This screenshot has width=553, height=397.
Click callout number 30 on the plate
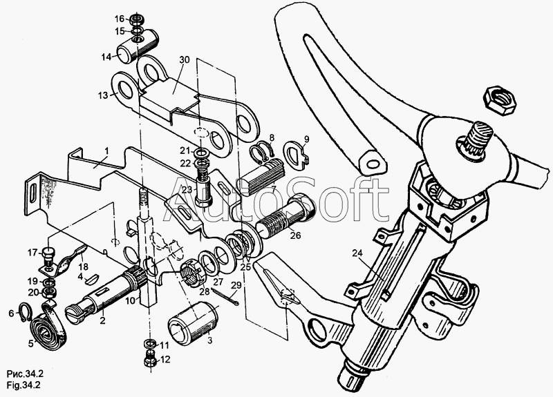pos(184,60)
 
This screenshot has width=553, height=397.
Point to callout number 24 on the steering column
pos(357,253)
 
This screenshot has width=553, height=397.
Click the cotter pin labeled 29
pos(225,296)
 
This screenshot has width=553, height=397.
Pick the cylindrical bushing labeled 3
pos(193,322)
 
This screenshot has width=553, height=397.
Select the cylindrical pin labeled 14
pos(137,46)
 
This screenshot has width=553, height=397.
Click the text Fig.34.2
pos(24,385)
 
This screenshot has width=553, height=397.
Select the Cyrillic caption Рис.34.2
pos(25,374)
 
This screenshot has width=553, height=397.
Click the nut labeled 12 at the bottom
pos(150,360)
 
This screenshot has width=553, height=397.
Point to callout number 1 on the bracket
pos(106,151)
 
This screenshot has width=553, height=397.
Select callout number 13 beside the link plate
pos(103,95)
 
